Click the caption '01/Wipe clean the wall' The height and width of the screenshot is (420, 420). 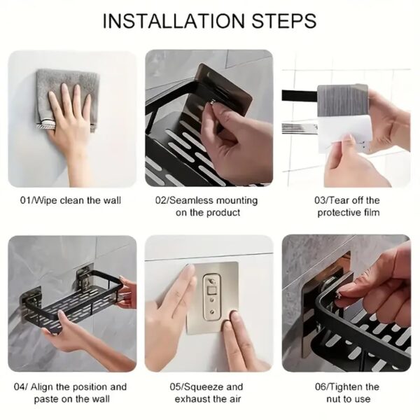tap(70, 200)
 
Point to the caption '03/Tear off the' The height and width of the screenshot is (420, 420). tap(346, 200)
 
